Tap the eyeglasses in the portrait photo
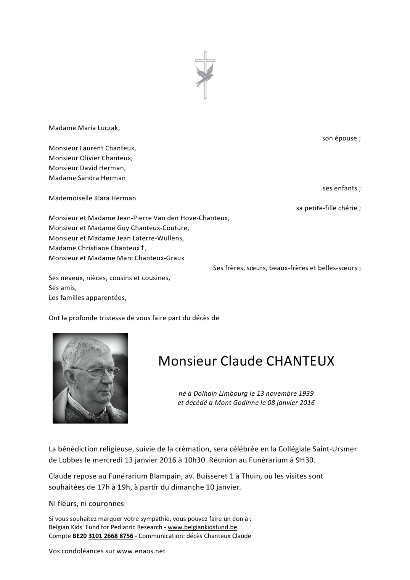89,371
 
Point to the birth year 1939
306,393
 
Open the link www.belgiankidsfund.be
202,527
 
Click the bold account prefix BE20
79,536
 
